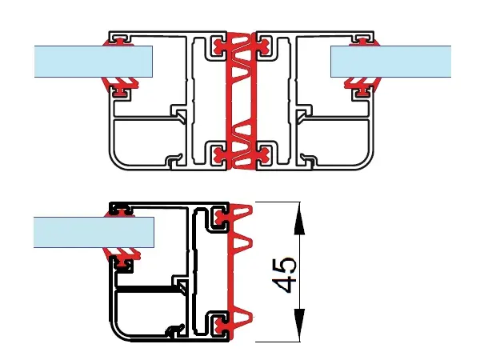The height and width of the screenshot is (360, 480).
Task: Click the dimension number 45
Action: click(x=284, y=275)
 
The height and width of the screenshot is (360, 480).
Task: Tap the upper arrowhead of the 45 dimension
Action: click(x=299, y=218)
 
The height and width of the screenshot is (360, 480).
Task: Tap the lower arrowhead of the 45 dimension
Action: click(x=299, y=325)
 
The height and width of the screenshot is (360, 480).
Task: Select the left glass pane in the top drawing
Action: click(x=94, y=62)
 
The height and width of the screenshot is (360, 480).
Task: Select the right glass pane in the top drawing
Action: click(x=390, y=62)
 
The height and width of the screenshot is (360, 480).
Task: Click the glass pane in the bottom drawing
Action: click(x=94, y=232)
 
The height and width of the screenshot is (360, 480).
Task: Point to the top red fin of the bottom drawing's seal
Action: click(x=242, y=210)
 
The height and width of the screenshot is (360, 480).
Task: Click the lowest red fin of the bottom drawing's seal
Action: click(x=242, y=318)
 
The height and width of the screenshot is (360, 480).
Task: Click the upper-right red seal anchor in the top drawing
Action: click(x=263, y=46)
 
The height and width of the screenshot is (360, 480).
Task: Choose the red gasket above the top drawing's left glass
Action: click(x=118, y=42)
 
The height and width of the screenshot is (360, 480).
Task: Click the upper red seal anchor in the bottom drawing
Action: click(x=222, y=217)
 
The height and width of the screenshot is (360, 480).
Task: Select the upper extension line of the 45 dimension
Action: click(x=278, y=202)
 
